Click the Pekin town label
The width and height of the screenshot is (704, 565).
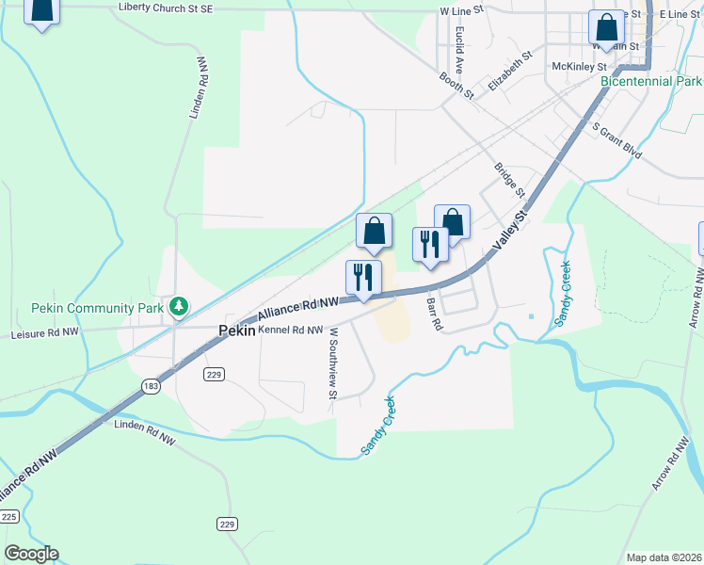pos(236,331)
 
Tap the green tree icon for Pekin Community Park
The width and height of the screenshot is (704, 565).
pos(177,306)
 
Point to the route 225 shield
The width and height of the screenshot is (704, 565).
pos(9,517)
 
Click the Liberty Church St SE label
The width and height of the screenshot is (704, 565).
pos(180,8)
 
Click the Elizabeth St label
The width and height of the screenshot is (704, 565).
pos(510,71)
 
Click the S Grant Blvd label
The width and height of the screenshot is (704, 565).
pos(616,137)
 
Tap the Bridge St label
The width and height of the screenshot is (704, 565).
pos(507,181)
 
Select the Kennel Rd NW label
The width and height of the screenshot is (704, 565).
pos(290,331)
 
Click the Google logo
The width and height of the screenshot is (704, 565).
pos(31,554)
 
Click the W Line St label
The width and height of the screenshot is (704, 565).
pos(461,10)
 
